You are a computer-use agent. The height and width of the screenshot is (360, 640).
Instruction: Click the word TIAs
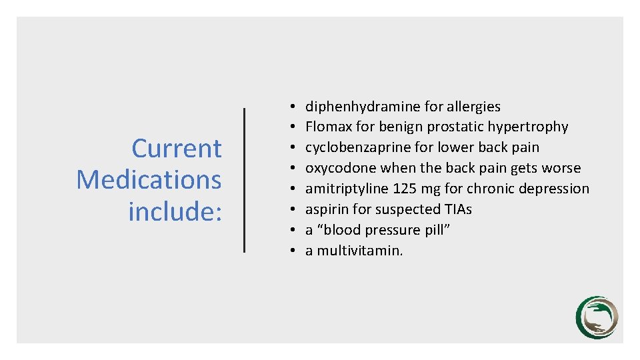pyautogui.click(x=457, y=209)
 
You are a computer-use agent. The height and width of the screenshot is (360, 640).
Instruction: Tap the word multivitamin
pyautogui.click(x=359, y=251)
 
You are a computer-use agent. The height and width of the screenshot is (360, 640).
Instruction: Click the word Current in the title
pyautogui.click(x=177, y=148)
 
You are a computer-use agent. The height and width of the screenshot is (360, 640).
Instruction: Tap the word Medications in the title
pyautogui.click(x=149, y=179)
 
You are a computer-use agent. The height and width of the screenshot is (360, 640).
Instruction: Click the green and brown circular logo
pyautogui.click(x=597, y=317)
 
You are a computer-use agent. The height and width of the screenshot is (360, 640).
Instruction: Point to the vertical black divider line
pyautogui.click(x=245, y=180)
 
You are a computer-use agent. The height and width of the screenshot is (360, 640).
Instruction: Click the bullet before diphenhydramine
pyautogui.click(x=293, y=107)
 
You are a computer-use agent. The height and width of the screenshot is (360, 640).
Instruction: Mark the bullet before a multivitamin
pyautogui.click(x=293, y=251)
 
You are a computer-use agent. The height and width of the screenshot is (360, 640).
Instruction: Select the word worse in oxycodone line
pyautogui.click(x=561, y=168)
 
